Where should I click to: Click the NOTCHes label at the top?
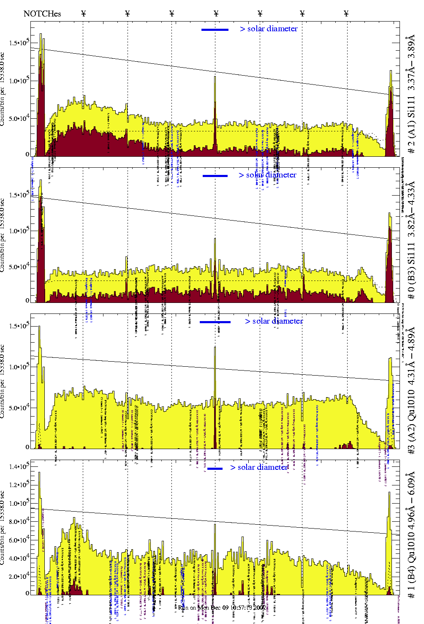tap(42, 14)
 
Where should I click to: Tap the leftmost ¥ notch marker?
tap(83, 14)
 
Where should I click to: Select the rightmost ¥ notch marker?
tap(346, 14)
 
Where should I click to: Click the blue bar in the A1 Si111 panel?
tap(215, 30)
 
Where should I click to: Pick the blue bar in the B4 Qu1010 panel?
tap(215, 469)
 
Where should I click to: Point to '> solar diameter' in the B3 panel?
tap(267, 175)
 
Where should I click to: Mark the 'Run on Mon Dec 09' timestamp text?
tap(222, 608)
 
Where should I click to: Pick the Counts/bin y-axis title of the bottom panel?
tap(3, 528)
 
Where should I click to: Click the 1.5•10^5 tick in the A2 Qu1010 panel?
tap(19, 326)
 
